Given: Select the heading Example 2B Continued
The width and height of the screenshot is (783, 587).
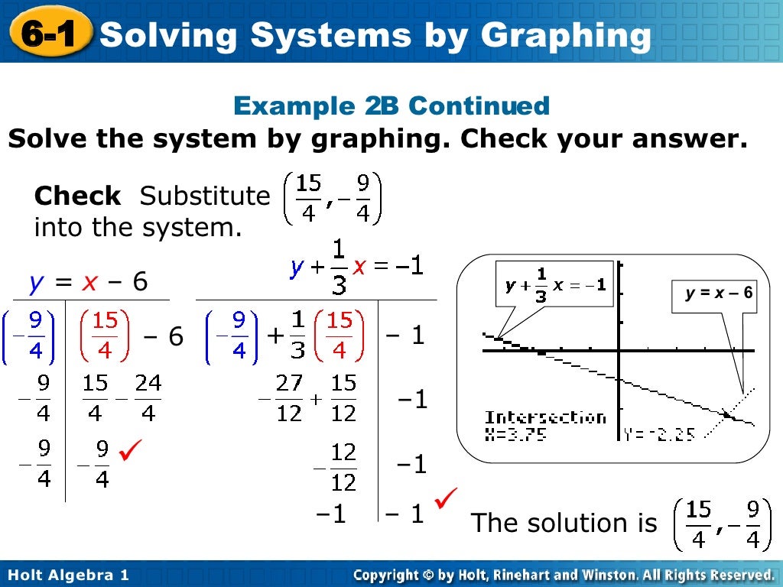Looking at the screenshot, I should pyautogui.click(x=391, y=105).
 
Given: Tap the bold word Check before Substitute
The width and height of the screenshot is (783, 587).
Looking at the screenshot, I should pyautogui.click(x=77, y=196).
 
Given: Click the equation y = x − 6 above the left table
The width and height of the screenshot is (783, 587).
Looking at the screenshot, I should pyautogui.click(x=89, y=283).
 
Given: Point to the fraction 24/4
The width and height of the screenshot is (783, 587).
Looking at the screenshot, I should pyautogui.click(x=148, y=398).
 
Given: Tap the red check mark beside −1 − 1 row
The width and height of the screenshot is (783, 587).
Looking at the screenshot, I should pyautogui.click(x=445, y=501).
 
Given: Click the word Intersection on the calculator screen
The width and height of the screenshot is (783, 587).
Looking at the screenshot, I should pyautogui.click(x=545, y=417).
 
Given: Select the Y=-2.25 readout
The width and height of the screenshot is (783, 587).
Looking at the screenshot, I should pyautogui.click(x=658, y=433).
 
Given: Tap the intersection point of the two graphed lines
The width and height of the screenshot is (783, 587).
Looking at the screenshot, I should pyautogui.click(x=726, y=413).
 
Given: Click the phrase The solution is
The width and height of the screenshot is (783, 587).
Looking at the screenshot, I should pyautogui.click(x=564, y=523).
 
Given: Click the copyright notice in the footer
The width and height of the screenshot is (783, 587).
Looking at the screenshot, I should pyautogui.click(x=564, y=575).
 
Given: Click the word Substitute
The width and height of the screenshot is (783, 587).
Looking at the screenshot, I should pyautogui.click(x=204, y=196).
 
